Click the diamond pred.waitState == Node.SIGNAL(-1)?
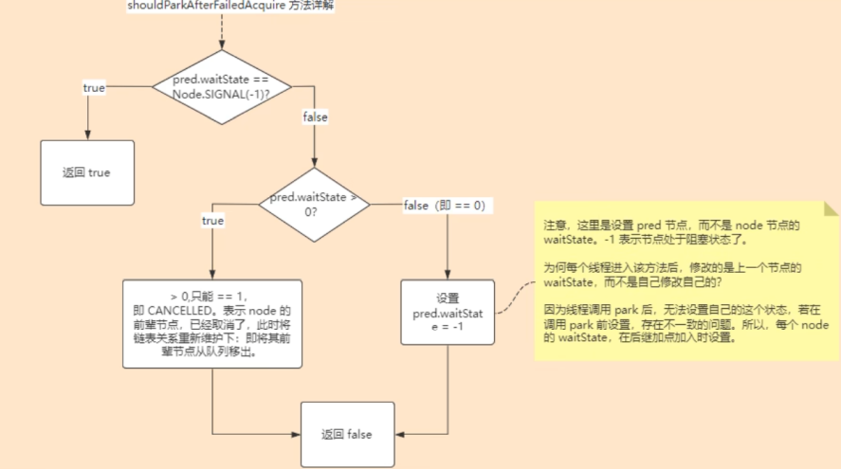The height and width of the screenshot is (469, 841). click(x=221, y=88)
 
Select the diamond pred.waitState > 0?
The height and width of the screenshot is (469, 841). click(x=315, y=205)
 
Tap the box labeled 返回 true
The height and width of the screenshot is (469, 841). click(x=87, y=173)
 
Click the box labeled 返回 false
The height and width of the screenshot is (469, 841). click(x=347, y=434)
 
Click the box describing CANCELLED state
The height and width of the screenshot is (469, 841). click(x=212, y=323)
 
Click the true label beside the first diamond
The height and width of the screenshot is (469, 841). click(x=95, y=87)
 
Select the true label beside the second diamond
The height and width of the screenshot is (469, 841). click(x=213, y=221)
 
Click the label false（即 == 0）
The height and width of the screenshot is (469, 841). click(x=445, y=205)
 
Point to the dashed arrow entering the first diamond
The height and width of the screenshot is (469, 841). click(x=221, y=33)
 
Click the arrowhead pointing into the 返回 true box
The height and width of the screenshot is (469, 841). click(x=87, y=136)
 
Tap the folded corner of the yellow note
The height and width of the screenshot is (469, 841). click(x=832, y=207)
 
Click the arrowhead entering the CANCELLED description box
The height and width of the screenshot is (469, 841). click(x=212, y=276)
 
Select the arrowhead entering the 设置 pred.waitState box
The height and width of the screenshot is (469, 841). click(x=448, y=276)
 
